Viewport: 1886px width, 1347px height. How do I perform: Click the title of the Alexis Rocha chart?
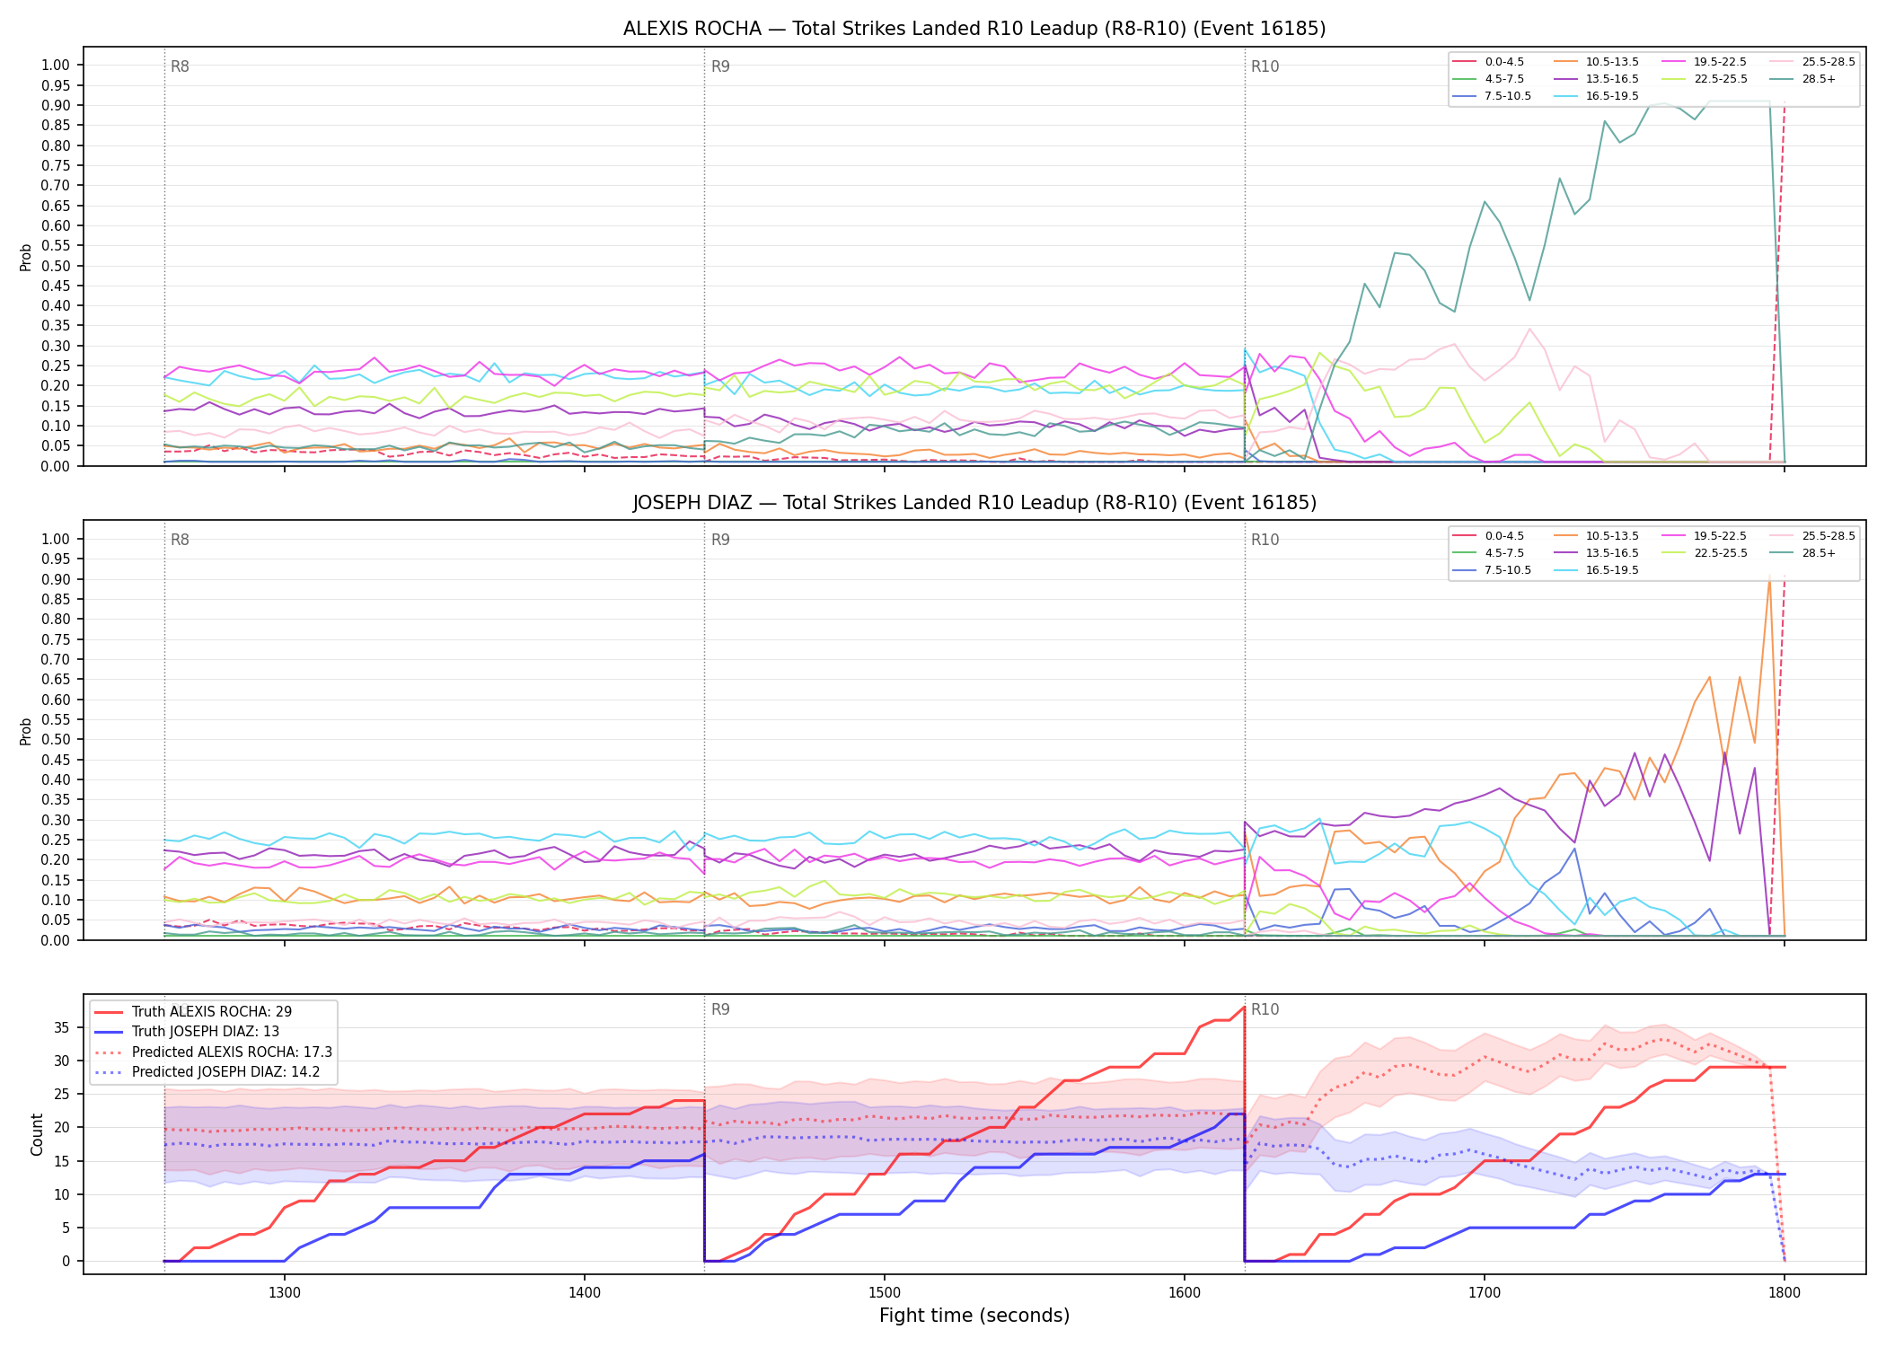[x=974, y=29]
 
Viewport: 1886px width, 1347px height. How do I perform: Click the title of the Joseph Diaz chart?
[x=974, y=503]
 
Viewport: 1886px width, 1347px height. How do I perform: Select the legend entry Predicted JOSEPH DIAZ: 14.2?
[x=213, y=1072]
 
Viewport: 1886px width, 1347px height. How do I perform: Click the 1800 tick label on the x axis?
[x=1785, y=1293]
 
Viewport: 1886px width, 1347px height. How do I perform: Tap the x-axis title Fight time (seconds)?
[x=974, y=1316]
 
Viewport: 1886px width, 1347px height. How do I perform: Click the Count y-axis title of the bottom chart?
[x=37, y=1135]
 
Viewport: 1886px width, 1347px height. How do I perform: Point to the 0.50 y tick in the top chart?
[x=56, y=266]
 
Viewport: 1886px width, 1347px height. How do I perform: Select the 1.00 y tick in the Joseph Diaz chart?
[x=56, y=539]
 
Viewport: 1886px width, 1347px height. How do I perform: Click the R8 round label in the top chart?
[x=180, y=66]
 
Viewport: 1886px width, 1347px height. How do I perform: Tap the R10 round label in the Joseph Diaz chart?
[x=1265, y=540]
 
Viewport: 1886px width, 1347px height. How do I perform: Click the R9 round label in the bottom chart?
[x=720, y=1009]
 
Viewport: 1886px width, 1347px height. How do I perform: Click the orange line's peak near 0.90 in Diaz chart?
[x=1769, y=577]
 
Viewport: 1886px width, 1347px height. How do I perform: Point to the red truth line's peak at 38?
[x=1244, y=1008]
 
